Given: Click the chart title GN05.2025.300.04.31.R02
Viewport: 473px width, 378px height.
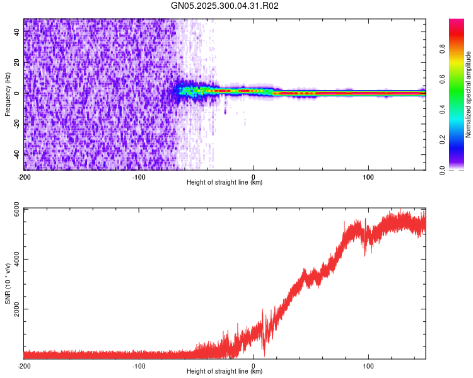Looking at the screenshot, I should [225, 6].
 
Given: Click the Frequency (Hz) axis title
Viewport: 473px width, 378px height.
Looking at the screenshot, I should [8, 94].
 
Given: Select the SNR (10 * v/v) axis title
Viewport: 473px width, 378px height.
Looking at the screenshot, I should [8, 283].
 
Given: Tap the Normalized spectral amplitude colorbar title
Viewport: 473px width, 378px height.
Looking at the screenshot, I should [468, 95].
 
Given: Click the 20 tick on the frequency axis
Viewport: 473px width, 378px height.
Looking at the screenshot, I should [18, 62].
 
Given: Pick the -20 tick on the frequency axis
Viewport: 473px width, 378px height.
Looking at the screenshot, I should [18, 123].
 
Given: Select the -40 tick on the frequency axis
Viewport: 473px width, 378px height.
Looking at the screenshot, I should [18, 154].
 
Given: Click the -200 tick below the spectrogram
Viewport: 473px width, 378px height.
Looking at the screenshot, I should [24, 176].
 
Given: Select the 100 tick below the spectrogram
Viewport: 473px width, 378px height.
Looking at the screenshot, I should [368, 176].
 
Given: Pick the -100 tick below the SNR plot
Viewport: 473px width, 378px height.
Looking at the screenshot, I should [139, 365].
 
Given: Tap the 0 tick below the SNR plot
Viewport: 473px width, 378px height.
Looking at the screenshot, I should [254, 365].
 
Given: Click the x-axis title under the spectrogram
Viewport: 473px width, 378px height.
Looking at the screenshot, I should [225, 183].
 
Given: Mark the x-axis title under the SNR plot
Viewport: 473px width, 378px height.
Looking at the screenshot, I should [225, 372].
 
